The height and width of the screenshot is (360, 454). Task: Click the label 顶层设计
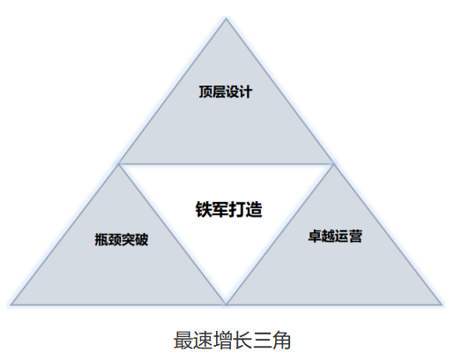(226, 92)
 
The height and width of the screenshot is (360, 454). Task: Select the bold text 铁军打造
(228, 209)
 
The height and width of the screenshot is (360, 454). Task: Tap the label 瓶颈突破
(122, 239)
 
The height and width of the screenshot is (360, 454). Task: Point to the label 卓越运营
(335, 236)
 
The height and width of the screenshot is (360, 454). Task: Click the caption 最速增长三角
(232, 341)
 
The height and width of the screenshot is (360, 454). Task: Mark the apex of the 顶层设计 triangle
(226, 19)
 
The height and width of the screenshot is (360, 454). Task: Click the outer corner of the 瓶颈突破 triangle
(11, 304)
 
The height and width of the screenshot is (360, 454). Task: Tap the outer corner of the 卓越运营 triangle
(442, 304)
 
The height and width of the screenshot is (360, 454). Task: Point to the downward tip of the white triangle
(226, 304)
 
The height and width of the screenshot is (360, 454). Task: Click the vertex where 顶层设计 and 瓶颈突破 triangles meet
(119, 163)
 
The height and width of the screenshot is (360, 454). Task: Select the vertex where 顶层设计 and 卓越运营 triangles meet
(333, 163)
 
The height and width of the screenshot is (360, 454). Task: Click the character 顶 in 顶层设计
(205, 92)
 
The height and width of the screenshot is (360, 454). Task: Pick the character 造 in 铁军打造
(254, 209)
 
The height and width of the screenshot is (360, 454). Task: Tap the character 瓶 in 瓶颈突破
(101, 239)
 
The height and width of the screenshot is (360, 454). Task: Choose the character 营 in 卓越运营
(355, 236)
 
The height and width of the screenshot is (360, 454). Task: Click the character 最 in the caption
(183, 341)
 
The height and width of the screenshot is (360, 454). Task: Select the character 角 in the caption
(281, 341)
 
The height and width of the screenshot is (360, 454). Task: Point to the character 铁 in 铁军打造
(204, 209)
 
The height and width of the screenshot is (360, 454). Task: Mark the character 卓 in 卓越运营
(315, 236)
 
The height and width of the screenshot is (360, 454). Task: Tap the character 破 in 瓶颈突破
(142, 239)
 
